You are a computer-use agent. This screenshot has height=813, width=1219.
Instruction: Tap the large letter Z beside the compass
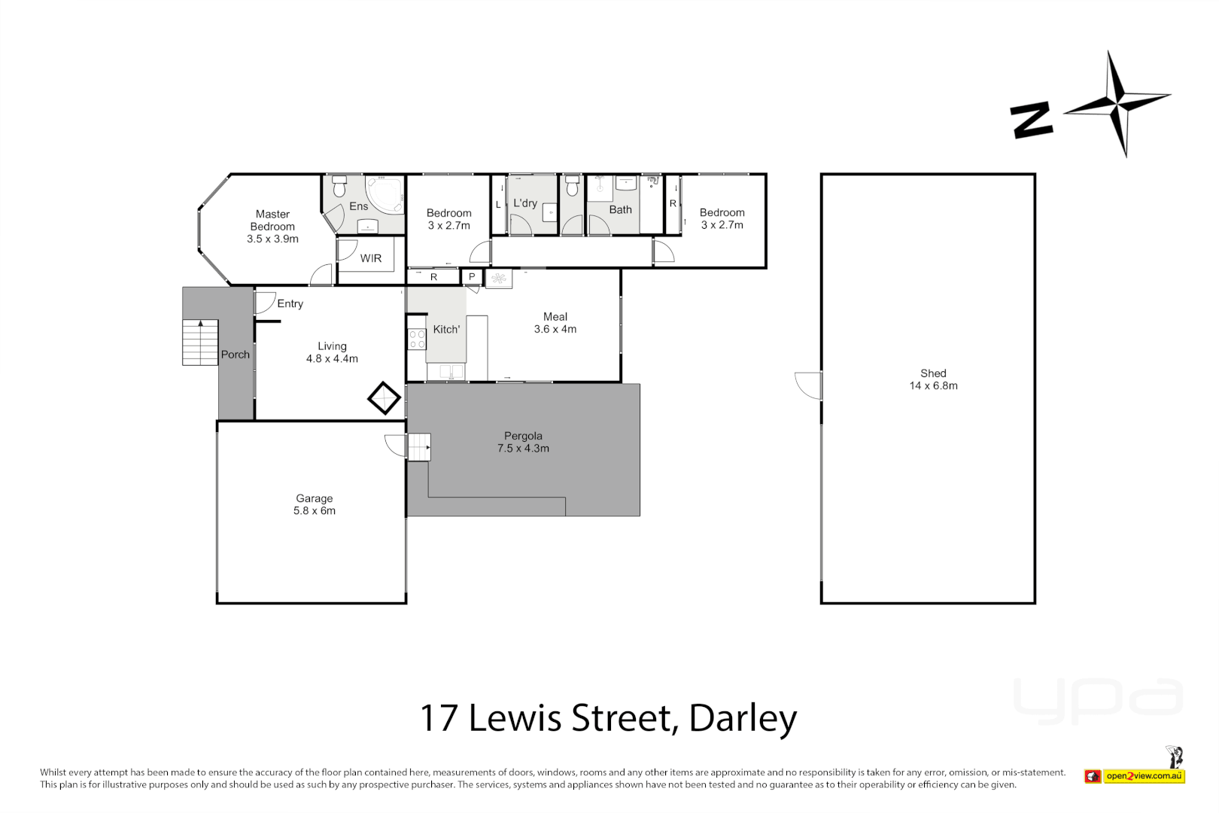click(1032, 120)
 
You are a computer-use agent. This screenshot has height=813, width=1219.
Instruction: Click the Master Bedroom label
click(272, 226)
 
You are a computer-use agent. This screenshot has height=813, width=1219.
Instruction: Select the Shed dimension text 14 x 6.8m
click(933, 385)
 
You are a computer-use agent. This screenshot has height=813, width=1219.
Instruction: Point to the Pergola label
click(523, 436)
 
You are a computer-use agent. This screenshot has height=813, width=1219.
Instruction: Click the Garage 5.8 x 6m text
click(315, 504)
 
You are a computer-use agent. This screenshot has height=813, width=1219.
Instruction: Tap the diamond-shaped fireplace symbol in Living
click(384, 398)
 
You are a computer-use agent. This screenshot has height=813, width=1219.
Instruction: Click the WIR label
click(370, 258)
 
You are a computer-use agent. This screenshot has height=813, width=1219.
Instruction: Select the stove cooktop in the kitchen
click(417, 340)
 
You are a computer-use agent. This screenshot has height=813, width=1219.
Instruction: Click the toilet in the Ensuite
click(339, 185)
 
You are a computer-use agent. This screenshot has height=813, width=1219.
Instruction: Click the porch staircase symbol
click(200, 343)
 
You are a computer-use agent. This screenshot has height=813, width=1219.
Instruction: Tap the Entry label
click(290, 303)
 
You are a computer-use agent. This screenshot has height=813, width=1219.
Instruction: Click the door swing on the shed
click(809, 385)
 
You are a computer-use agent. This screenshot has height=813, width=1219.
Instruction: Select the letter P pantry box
click(472, 277)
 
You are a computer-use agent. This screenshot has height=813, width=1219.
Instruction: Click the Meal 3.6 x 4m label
click(555, 323)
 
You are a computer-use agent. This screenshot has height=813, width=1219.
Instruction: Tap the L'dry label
click(525, 203)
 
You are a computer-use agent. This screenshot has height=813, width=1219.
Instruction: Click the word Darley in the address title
click(743, 718)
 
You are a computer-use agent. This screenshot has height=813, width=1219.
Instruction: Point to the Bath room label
click(620, 210)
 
